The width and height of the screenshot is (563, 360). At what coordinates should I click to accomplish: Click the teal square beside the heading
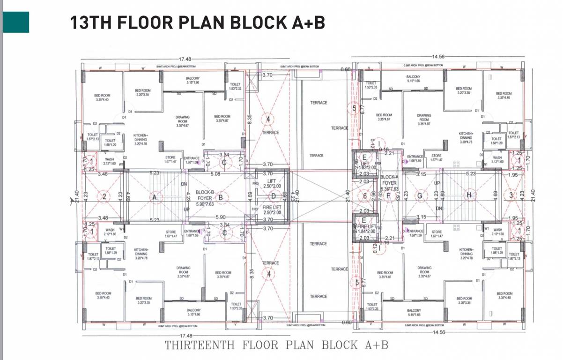click(16, 22)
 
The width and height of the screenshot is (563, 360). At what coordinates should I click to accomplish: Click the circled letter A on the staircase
click(153, 198)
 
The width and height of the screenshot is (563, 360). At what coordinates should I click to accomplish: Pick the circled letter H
click(468, 195)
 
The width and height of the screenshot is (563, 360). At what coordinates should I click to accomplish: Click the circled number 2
click(104, 197)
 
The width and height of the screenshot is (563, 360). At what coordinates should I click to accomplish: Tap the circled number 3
click(511, 195)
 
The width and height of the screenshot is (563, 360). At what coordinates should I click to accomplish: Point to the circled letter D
click(274, 196)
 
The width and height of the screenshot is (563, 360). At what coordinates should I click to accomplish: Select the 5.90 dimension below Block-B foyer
click(220, 217)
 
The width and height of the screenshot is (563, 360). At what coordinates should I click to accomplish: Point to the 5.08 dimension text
click(215, 174)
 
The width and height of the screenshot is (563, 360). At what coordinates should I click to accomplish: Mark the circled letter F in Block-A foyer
click(388, 195)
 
